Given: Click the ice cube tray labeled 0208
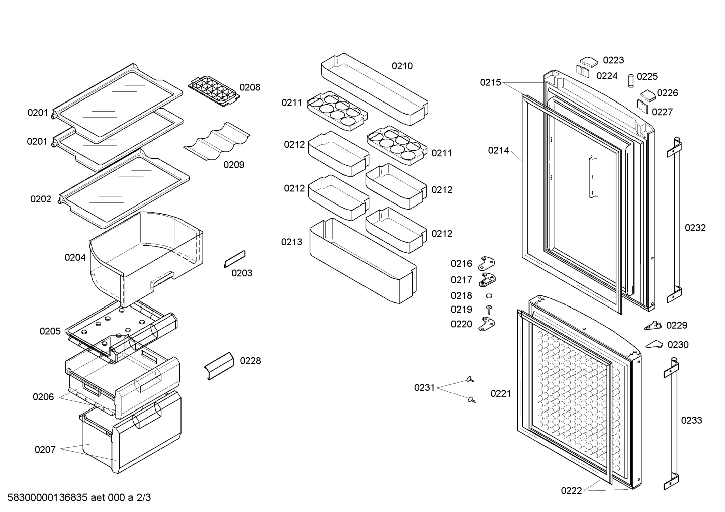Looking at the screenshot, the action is (x=214, y=91).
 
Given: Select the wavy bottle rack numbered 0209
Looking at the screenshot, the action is (x=217, y=141).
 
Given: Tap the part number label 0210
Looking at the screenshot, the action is (x=402, y=66).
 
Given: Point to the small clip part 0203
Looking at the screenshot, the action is (x=235, y=259).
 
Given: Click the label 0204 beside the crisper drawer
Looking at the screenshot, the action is (x=75, y=257).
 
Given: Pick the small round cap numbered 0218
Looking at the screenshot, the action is (x=489, y=295).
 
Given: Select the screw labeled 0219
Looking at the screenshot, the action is (x=489, y=310).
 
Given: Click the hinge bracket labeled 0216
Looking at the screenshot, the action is (x=487, y=264).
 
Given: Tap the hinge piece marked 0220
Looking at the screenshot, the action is (x=487, y=324).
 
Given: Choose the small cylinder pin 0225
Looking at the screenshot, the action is (x=631, y=81).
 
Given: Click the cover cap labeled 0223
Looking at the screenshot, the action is (x=589, y=62).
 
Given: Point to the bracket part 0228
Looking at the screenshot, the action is (x=219, y=366).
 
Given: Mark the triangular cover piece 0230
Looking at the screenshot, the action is (x=654, y=344).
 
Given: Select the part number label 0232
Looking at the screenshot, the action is (x=695, y=228).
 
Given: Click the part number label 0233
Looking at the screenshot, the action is (x=692, y=421).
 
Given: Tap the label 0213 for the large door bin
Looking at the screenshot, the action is (x=291, y=242).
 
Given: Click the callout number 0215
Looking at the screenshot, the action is (x=490, y=83).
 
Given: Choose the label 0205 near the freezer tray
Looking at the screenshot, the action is (x=50, y=331).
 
